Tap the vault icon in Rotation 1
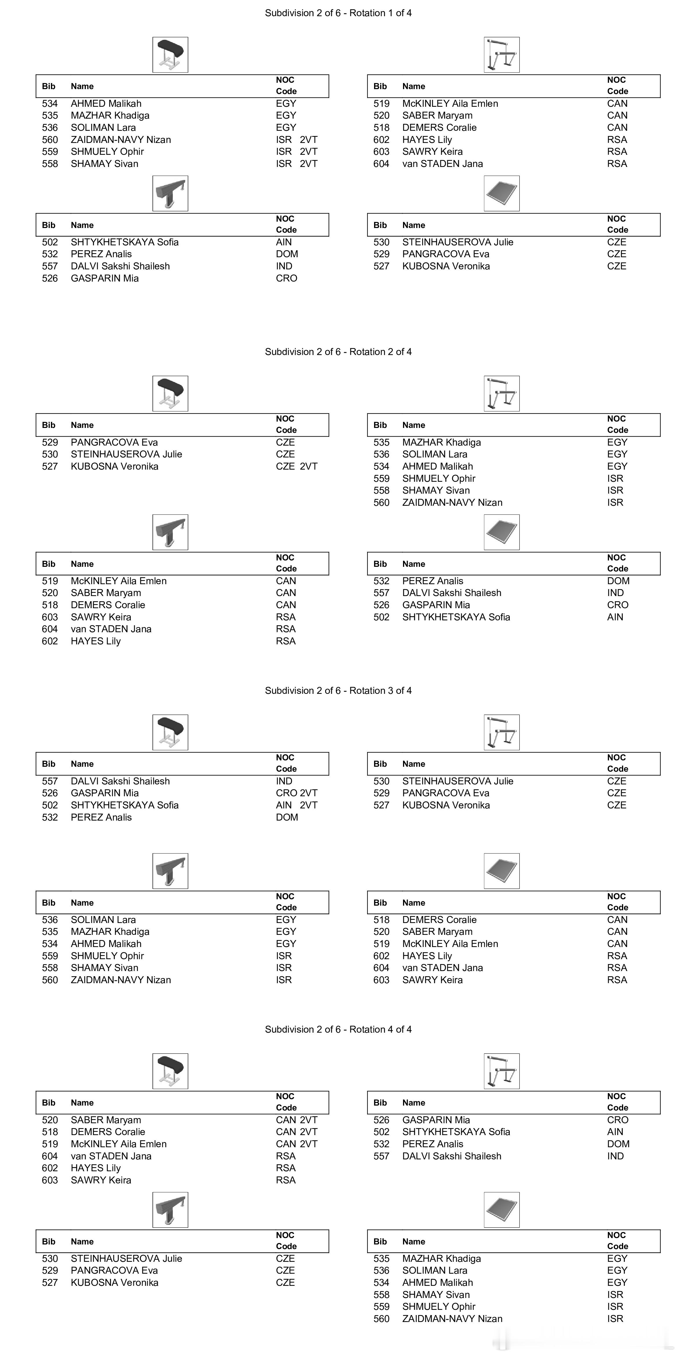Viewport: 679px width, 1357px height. (x=170, y=55)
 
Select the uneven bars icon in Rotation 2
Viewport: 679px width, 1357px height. (x=501, y=394)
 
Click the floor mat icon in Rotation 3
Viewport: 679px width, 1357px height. (x=501, y=871)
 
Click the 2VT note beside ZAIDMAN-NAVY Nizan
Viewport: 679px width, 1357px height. (x=309, y=139)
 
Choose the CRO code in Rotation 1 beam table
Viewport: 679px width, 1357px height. (x=287, y=278)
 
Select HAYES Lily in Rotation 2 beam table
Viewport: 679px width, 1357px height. (x=96, y=641)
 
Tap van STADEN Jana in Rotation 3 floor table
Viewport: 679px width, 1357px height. (x=442, y=968)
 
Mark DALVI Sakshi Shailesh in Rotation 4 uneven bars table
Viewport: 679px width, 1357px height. (x=451, y=1156)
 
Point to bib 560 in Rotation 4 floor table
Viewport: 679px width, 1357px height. (x=381, y=1319)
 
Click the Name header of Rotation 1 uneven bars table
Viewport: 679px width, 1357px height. (x=413, y=87)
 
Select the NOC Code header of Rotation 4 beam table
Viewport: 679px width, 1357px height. (x=286, y=1241)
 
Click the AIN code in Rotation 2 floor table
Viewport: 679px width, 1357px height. (x=615, y=617)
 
